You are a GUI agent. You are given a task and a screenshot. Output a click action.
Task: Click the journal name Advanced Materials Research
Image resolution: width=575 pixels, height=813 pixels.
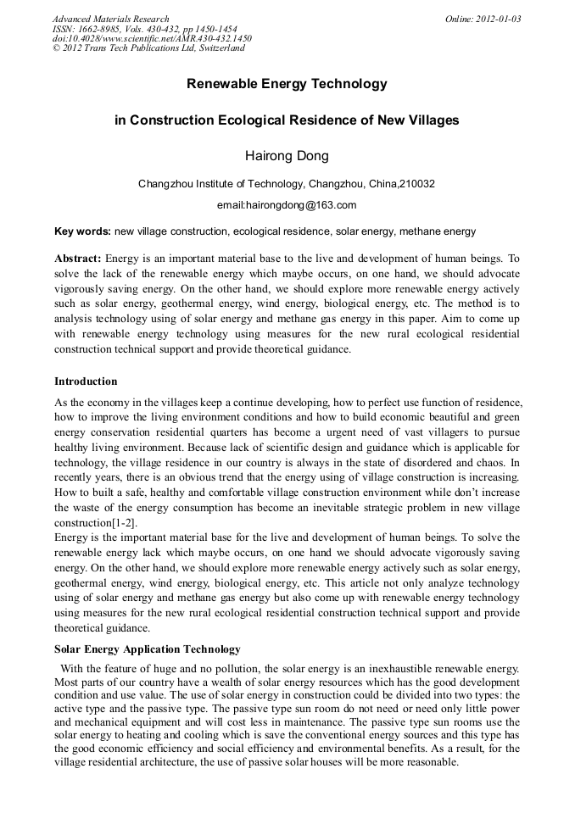coord(110,19)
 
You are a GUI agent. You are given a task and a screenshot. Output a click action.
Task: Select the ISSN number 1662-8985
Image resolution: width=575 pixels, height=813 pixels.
coord(96,29)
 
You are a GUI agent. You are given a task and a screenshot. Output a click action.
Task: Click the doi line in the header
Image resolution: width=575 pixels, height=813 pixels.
coord(152,38)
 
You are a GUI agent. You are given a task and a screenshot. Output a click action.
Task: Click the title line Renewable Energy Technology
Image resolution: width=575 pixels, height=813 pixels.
coord(287,84)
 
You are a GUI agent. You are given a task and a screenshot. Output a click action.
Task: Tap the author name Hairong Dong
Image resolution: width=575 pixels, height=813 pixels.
coord(287,156)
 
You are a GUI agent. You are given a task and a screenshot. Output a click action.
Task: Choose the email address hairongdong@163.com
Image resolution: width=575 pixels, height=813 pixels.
coord(287,205)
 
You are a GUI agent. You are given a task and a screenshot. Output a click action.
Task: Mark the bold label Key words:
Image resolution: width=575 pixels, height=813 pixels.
coord(82,231)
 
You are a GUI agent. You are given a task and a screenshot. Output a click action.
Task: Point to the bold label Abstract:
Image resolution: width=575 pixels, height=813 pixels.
coord(78,258)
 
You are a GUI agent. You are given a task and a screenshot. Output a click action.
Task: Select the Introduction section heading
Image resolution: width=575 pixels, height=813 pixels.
coord(86,381)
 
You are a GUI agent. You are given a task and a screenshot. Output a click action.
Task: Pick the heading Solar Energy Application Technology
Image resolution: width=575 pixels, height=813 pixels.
coord(148,649)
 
